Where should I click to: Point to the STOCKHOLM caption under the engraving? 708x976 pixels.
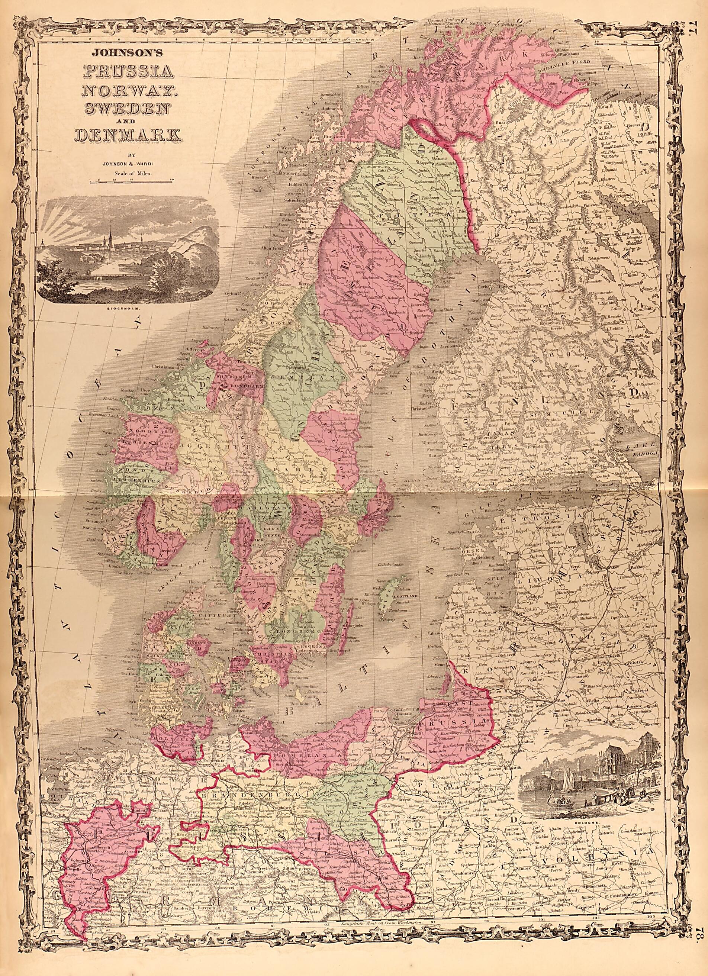[x=128, y=308]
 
